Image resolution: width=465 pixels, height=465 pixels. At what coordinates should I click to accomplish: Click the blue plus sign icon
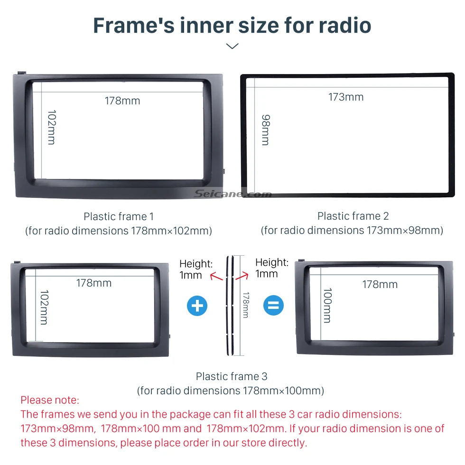click(197, 306)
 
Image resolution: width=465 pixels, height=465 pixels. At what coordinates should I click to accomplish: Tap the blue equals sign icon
click(273, 305)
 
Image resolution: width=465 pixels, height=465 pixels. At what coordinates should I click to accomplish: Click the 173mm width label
click(346, 97)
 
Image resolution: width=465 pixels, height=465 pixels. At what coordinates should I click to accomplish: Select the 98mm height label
click(266, 130)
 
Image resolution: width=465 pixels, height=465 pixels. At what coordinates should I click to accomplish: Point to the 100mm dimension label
click(327, 306)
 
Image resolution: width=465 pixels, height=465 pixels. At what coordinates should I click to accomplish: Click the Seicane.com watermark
click(233, 194)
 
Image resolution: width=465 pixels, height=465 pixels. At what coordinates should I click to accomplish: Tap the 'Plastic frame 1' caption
click(119, 216)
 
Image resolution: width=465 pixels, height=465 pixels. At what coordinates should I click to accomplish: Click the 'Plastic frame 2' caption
click(353, 216)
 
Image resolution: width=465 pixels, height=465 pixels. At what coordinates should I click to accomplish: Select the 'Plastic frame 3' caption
click(232, 376)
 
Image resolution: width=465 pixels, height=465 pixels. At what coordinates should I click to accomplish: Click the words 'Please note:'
click(50, 400)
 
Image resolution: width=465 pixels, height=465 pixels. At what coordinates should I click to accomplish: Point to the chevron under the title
click(232, 46)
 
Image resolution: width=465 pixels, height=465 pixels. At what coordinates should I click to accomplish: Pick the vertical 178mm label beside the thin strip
click(246, 305)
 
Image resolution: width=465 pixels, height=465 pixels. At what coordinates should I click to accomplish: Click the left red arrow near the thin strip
click(216, 277)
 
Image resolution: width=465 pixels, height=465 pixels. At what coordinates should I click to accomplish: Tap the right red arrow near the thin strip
click(242, 276)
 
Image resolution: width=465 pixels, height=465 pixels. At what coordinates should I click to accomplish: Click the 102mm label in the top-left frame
click(52, 127)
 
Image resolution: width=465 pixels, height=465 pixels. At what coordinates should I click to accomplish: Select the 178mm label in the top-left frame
click(122, 101)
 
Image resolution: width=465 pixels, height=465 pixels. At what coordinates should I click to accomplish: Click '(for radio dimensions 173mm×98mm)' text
click(352, 230)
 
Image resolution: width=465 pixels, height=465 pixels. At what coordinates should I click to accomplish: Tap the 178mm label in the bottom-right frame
click(380, 284)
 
